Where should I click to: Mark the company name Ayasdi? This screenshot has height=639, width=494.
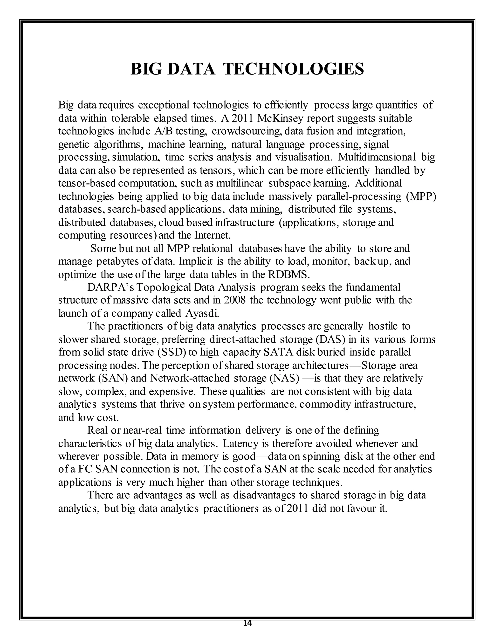tap(202, 313)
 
